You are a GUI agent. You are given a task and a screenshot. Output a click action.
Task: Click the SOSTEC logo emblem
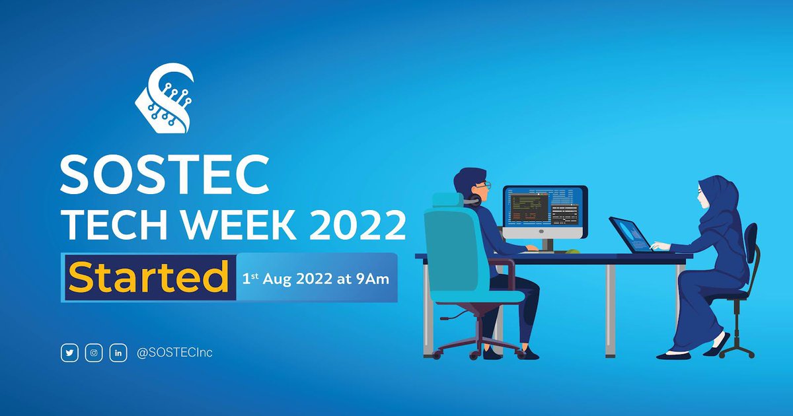(165, 98)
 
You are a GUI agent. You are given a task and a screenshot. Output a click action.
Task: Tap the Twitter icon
(69, 353)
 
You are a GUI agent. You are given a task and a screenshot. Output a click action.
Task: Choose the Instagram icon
(94, 353)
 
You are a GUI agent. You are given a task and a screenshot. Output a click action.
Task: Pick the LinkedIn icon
(118, 353)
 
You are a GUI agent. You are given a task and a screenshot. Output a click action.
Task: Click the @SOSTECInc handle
(174, 353)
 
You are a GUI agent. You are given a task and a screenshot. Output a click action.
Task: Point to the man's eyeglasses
(483, 184)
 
